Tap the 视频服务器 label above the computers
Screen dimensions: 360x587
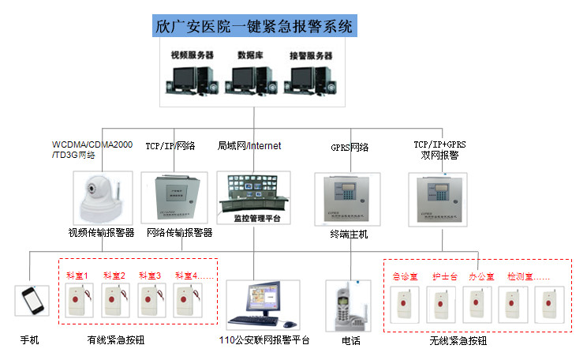point(193,56)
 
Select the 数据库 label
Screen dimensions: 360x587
point(250,56)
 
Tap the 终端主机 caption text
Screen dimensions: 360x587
point(348,234)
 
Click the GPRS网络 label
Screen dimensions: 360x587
point(348,147)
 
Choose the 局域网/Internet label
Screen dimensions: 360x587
point(249,146)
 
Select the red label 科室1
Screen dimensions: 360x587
point(77,276)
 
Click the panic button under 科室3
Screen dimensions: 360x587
point(149,302)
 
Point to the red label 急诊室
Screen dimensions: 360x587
point(405,277)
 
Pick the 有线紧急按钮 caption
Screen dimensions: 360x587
point(121,341)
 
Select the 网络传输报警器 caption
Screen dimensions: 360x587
point(179,234)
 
